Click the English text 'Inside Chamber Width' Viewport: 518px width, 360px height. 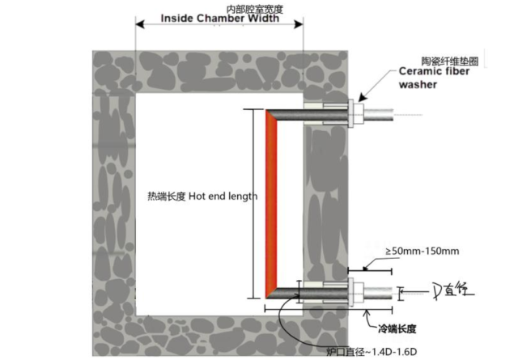point(220,19)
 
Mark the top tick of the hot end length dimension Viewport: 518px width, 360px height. point(260,110)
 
